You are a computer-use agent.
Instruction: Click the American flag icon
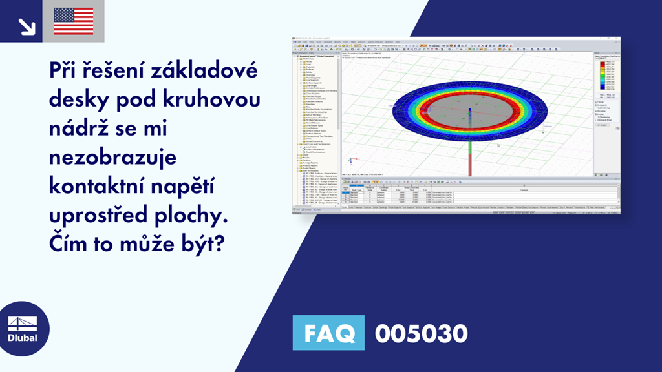(73, 21)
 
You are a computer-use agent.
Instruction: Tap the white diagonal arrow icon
(27, 26)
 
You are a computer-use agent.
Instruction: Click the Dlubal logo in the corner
(22, 329)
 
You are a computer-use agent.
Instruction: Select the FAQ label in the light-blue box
(328, 333)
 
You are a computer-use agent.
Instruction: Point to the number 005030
(422, 333)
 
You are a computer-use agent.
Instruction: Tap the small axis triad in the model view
(350, 161)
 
